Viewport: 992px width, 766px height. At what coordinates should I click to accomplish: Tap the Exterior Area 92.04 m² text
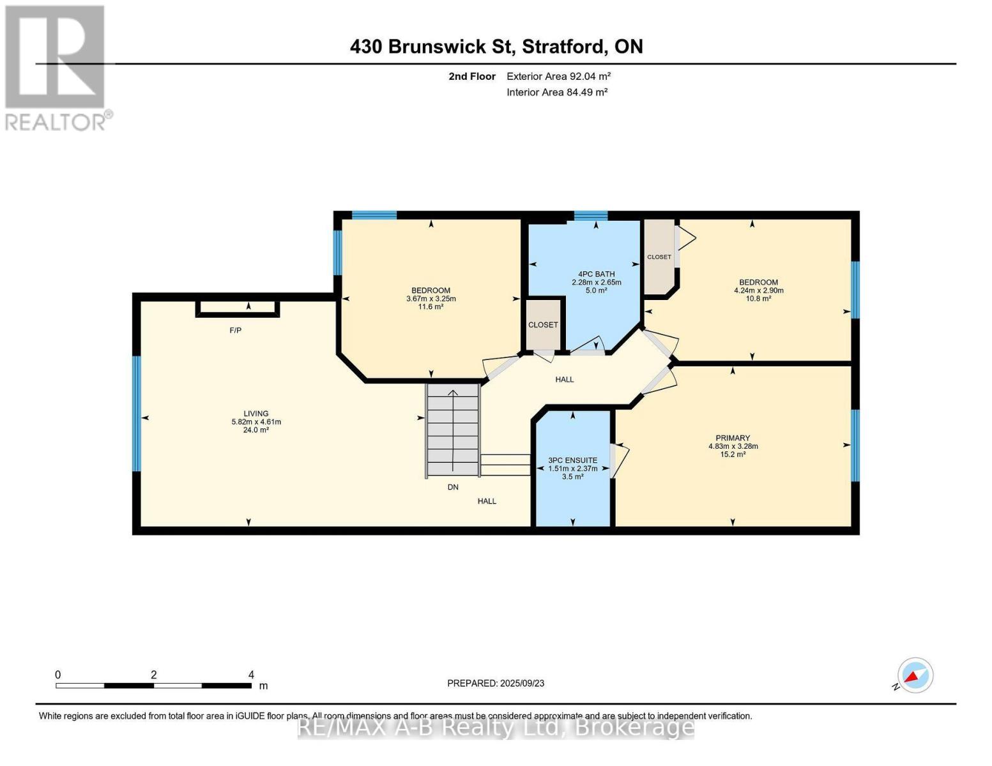tap(558, 76)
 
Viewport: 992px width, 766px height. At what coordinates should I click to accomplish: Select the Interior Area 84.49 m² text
tap(556, 92)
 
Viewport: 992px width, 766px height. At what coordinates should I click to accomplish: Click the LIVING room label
tap(256, 414)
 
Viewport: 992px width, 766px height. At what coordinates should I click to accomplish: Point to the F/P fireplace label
tap(236, 330)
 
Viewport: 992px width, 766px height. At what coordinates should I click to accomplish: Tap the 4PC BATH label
tap(596, 274)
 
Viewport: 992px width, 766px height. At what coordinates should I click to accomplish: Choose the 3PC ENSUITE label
tap(572, 460)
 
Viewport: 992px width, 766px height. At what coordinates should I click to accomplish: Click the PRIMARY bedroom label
tap(733, 438)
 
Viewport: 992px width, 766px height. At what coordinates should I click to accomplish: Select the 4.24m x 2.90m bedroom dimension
tap(758, 290)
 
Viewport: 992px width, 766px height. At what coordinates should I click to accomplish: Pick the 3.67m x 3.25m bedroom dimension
tap(431, 299)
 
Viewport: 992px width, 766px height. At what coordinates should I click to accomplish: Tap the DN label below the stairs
tap(453, 487)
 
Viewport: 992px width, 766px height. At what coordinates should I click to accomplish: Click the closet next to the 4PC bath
tap(543, 324)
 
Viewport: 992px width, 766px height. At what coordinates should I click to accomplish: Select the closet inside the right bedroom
tap(659, 257)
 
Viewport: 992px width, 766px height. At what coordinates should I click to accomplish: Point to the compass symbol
tap(915, 675)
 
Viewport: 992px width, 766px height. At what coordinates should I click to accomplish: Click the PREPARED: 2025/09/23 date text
tap(496, 683)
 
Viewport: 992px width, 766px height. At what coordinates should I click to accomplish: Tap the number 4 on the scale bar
tap(251, 675)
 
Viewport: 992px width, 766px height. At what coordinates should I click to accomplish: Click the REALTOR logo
tap(56, 67)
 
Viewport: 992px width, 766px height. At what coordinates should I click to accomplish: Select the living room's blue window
tap(136, 413)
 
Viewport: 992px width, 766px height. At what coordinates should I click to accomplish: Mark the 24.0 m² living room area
tap(256, 430)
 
